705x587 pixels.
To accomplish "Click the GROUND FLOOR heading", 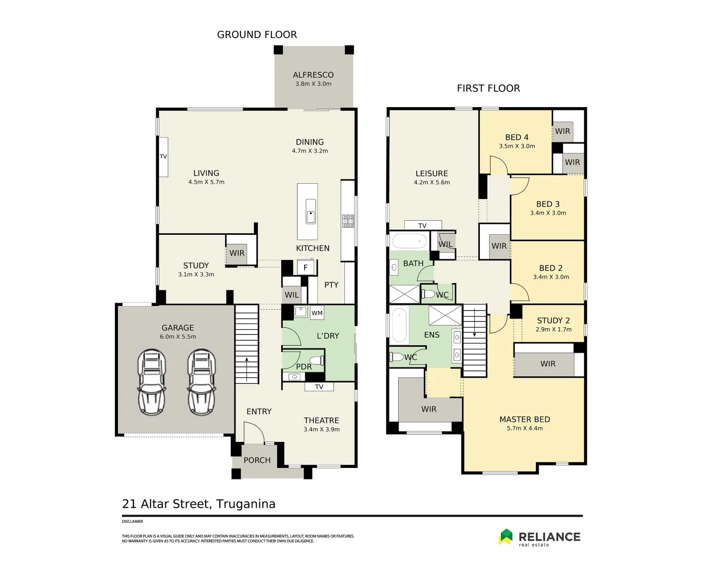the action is click(x=257, y=35).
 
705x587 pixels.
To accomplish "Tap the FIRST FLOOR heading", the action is click(x=488, y=89).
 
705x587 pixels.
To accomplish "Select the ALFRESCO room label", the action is click(x=313, y=75).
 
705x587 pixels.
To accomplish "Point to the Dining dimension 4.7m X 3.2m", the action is click(x=310, y=151).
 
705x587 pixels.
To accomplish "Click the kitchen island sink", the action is click(x=311, y=211).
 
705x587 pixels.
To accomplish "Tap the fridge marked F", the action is click(x=306, y=267).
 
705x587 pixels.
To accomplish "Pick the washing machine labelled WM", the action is click(x=317, y=313).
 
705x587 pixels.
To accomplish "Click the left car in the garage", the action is click(x=152, y=382).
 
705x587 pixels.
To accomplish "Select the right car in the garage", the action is click(x=202, y=382).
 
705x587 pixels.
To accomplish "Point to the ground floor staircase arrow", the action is click(x=247, y=370).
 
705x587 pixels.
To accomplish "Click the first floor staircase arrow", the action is click(x=474, y=323).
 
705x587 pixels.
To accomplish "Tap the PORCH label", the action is click(x=257, y=460).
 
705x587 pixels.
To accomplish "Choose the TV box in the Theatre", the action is click(x=319, y=386).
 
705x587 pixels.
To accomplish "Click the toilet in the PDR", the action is click(x=317, y=361).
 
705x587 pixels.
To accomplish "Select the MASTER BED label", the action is click(x=525, y=420).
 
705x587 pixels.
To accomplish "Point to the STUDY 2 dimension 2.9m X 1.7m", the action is click(x=553, y=329).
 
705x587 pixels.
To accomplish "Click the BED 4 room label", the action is click(x=517, y=138).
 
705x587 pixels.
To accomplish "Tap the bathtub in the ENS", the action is click(x=399, y=325).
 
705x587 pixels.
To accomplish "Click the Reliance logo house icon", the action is click(x=505, y=536).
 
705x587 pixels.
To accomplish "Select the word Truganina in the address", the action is click(x=246, y=504).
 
